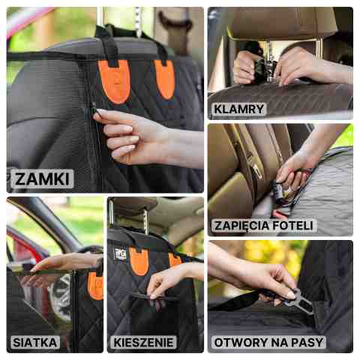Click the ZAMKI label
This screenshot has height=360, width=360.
point(42,178)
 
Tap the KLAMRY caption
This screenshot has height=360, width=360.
point(239,109)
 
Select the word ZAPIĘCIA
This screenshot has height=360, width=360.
point(241,226)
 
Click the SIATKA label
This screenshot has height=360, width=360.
point(35,342)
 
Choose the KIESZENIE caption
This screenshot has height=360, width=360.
point(143,343)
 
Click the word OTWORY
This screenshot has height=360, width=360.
point(238,343)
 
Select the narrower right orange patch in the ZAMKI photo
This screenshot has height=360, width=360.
point(165,79)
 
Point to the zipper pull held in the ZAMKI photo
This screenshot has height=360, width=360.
point(94,109)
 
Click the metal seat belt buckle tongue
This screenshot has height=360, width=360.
point(299,302)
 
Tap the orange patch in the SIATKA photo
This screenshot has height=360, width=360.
point(95,286)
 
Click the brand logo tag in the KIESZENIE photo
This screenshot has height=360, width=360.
point(121,253)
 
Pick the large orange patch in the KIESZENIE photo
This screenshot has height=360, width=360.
point(138,261)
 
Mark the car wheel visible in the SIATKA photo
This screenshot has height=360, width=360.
point(61,297)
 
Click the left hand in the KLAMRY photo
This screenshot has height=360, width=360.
point(246,67)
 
